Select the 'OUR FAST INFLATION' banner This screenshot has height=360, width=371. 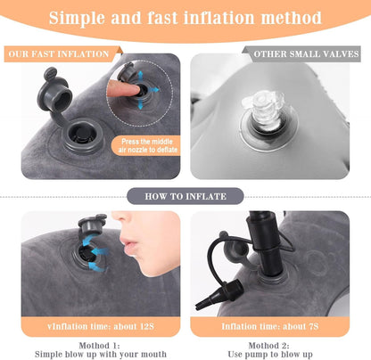59,54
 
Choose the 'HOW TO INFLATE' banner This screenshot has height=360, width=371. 185,196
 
